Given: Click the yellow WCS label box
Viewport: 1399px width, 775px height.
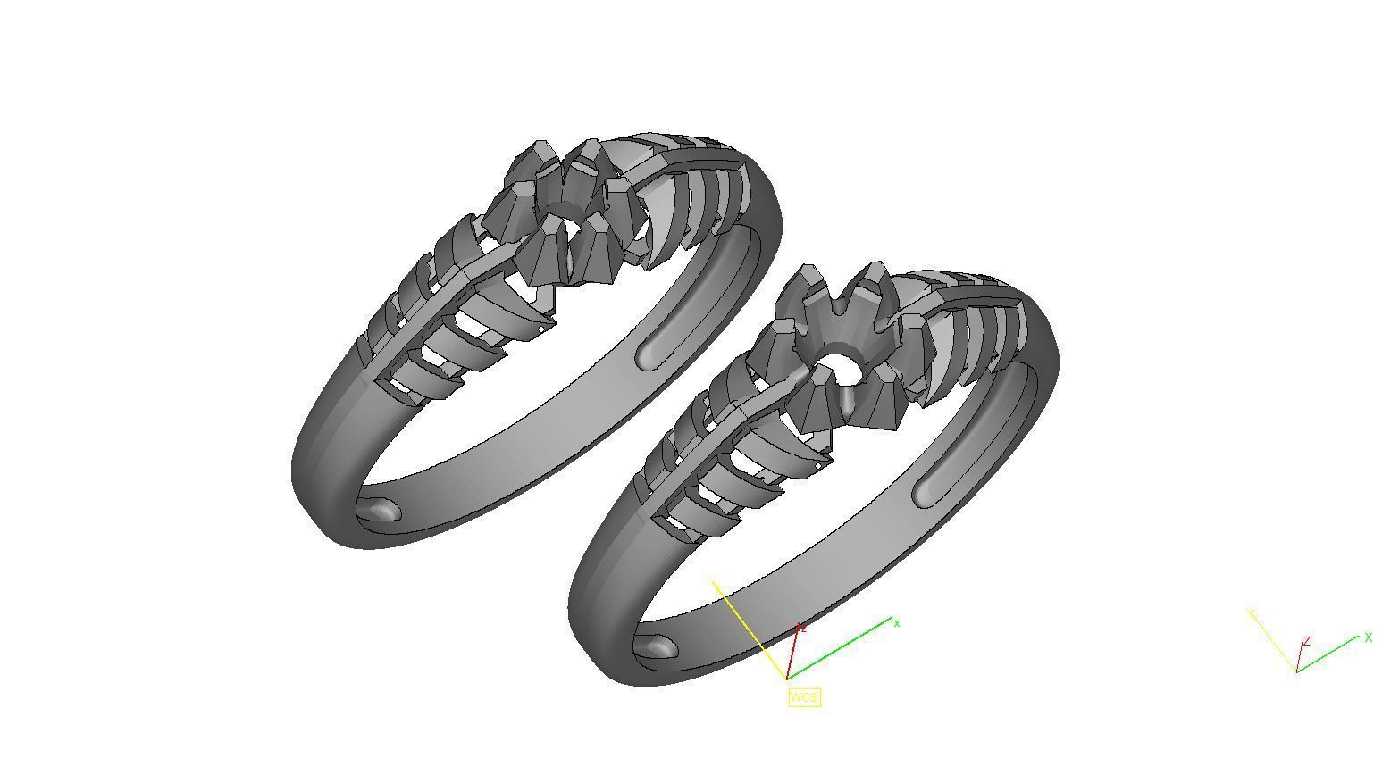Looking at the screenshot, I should tap(803, 696).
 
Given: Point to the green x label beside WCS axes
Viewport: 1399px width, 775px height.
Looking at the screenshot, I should tap(897, 623).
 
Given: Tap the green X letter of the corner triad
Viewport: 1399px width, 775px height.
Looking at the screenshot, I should tap(1368, 637).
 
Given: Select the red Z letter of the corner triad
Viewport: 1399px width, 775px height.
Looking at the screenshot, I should tap(1306, 641).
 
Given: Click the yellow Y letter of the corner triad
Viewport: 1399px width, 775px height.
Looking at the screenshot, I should tap(1252, 613).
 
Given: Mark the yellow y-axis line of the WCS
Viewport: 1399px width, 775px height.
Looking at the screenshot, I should tap(750, 629).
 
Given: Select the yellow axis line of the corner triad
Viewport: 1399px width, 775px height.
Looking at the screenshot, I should tap(1273, 641).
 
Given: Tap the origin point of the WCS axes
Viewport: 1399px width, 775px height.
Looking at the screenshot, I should tap(787, 679).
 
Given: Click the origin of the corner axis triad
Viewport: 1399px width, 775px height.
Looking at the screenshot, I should tap(1296, 671).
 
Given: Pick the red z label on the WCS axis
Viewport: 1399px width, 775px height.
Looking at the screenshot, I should tap(804, 629).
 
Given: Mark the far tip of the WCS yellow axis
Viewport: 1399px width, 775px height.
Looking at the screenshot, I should tap(714, 581).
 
